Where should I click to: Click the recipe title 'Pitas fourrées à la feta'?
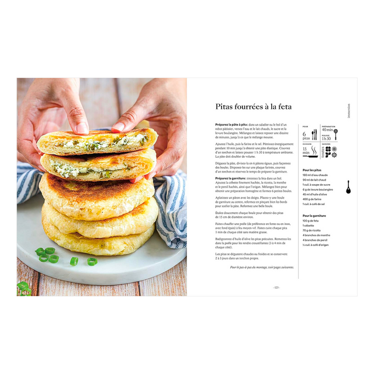253,106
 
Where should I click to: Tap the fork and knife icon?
314,134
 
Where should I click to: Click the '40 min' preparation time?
327,130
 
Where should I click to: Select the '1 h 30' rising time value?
326,138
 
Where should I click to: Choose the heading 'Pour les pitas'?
312,169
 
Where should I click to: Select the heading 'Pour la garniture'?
314,216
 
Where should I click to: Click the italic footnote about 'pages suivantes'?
262,267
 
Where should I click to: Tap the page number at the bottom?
276,288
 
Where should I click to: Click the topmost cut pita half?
96,141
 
